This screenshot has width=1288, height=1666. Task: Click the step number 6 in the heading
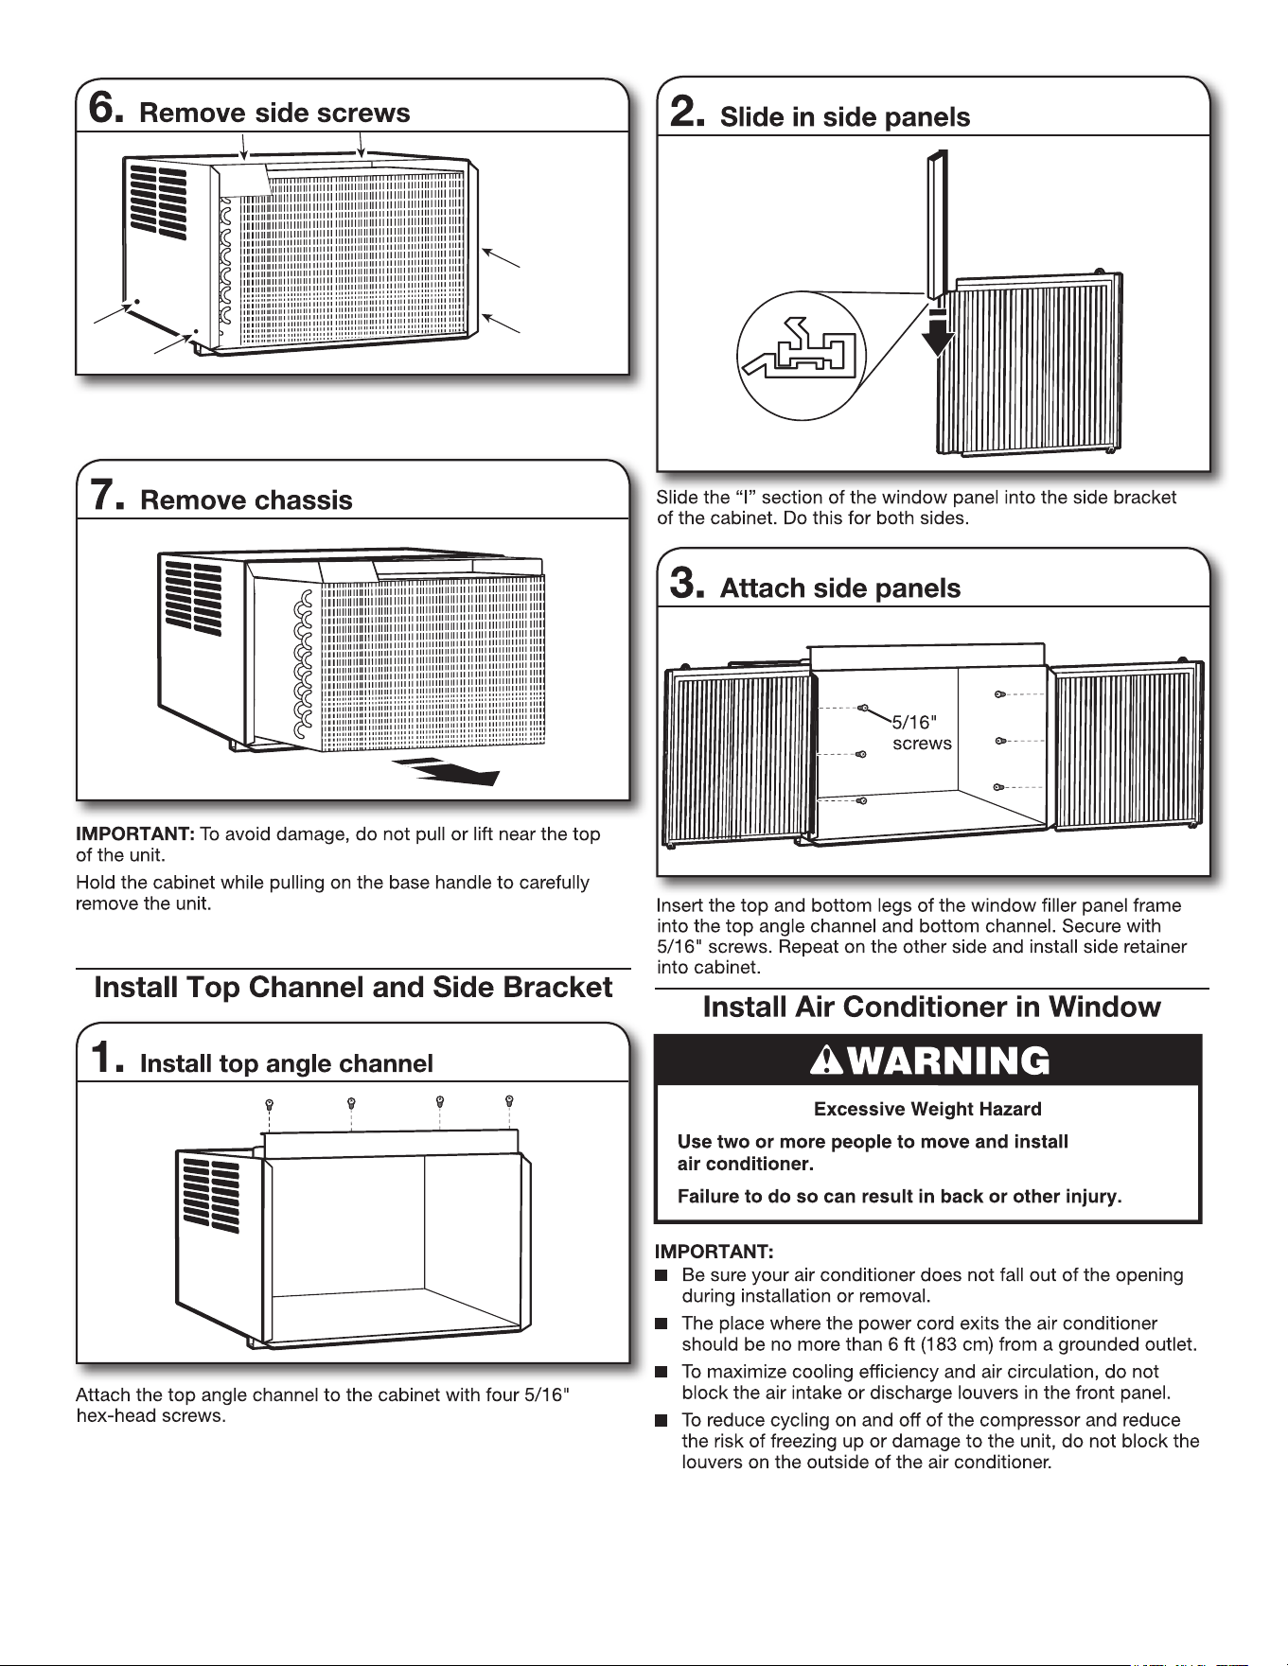[x=105, y=109]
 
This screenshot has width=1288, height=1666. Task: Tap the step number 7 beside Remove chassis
[x=105, y=496]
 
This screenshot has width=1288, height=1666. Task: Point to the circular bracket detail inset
[x=803, y=356]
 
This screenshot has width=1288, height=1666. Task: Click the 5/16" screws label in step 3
[x=922, y=733]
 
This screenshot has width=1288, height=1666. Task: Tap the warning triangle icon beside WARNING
[x=826, y=1061]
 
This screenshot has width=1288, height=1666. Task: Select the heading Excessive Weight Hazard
[x=927, y=1109]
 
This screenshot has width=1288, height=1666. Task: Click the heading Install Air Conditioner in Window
[x=931, y=1007]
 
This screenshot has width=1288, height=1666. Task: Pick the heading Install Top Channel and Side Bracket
[x=353, y=987]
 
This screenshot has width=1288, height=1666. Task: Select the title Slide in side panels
[x=845, y=117]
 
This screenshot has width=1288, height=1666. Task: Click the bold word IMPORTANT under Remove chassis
[x=134, y=834]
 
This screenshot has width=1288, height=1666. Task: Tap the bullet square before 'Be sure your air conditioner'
[x=662, y=1275]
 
